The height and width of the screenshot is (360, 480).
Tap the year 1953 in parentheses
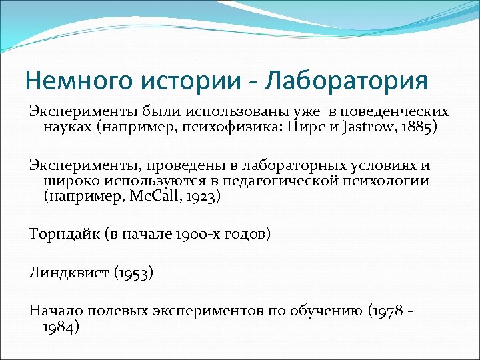coord(133,273)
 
